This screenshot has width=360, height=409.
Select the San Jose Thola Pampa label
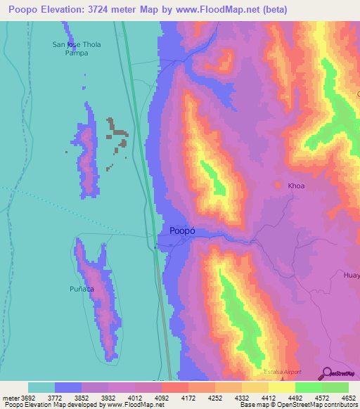point(77,48)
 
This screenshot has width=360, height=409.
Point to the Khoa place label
point(296,186)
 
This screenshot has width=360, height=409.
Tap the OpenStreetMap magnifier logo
point(326,374)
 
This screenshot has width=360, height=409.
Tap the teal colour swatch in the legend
point(41,387)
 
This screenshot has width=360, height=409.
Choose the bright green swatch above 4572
point(308,387)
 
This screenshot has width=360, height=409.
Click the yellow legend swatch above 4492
point(281,387)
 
